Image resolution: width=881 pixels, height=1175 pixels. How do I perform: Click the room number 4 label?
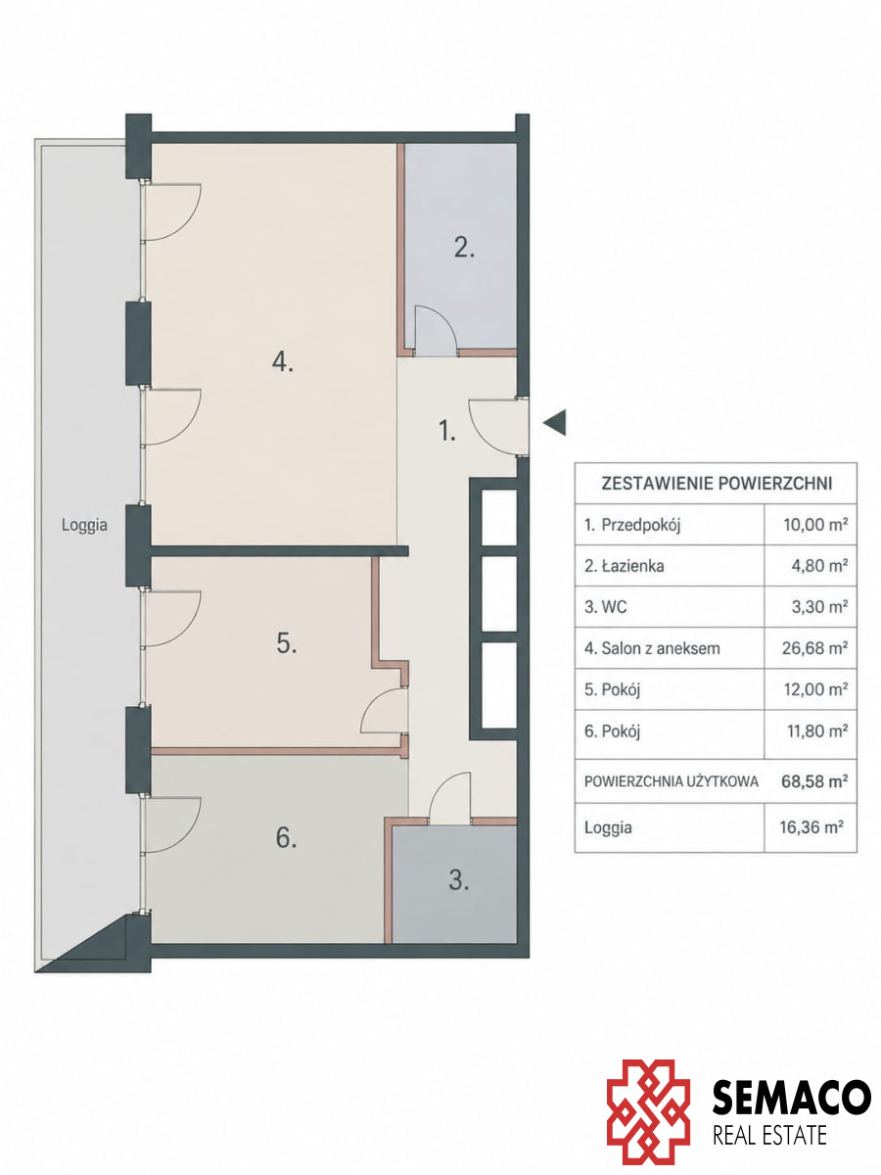[x=282, y=363]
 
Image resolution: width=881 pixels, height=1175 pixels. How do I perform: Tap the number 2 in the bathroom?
[x=464, y=248]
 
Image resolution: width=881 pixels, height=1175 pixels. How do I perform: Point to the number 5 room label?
[x=287, y=643]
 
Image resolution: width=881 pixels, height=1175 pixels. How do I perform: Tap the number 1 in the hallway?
[x=446, y=431]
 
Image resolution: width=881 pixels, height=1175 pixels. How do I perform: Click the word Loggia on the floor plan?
[x=84, y=525]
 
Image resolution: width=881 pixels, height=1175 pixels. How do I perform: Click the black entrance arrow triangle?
[x=554, y=422]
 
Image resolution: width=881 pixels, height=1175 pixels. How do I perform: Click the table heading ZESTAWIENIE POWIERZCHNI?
[x=717, y=484]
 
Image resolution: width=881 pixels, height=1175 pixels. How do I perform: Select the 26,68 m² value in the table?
[x=814, y=648]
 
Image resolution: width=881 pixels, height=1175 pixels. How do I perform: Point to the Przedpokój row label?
[x=640, y=525]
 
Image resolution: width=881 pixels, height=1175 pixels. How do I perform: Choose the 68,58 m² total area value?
[x=814, y=781]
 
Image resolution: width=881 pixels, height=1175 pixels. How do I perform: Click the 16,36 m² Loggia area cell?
[x=811, y=827]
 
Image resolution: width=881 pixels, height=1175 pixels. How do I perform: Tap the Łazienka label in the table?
[x=632, y=566]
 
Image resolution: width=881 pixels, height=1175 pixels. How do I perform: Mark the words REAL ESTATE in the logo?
[x=769, y=1134]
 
